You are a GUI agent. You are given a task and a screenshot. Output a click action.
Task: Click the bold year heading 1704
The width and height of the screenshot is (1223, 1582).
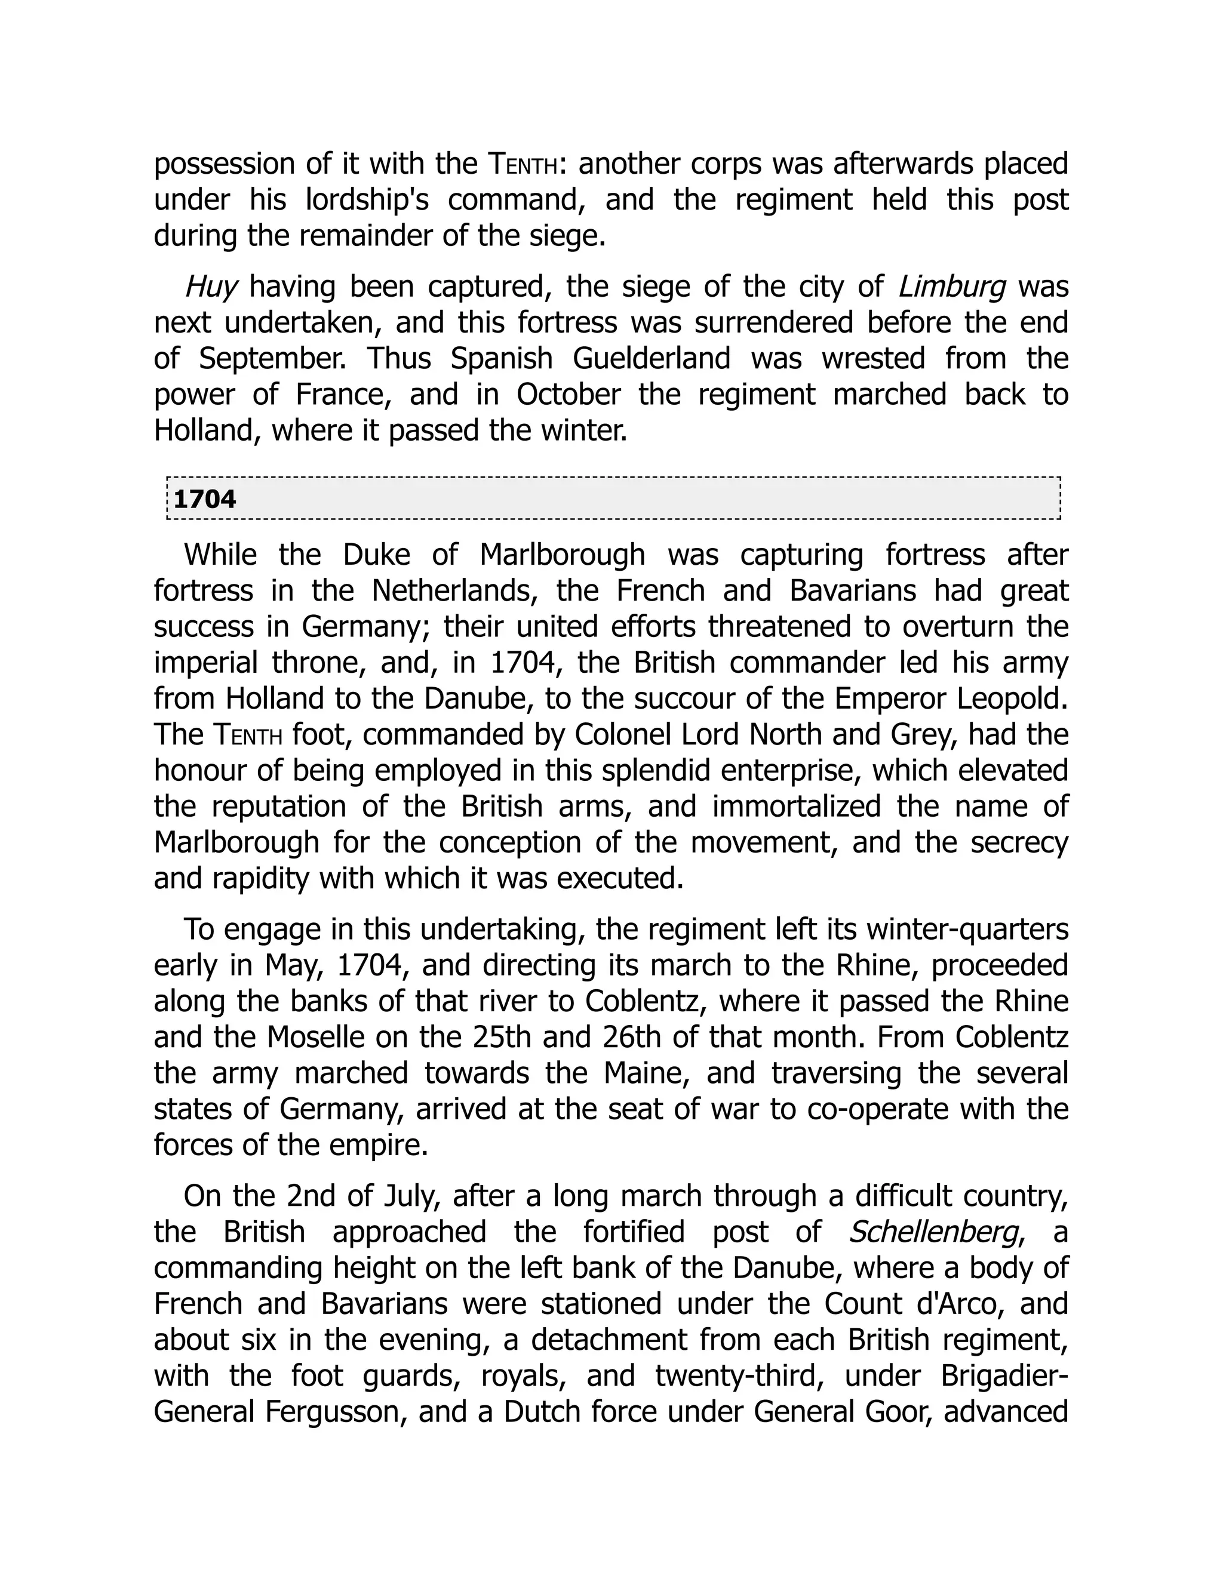coord(205,500)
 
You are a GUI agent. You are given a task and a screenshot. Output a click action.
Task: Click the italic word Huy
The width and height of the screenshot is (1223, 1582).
coord(211,287)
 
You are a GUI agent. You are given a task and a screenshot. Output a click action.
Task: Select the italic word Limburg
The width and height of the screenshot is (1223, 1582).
coord(952,287)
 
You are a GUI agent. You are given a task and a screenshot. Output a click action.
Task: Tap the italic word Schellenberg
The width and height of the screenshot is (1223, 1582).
coord(933,1232)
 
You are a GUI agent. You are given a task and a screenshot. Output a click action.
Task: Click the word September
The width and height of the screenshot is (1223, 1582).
coord(274,359)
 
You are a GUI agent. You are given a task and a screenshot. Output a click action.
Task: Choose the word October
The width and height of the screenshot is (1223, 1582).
coord(568,395)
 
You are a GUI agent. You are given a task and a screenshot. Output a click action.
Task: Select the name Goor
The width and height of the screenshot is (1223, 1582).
coord(884,1412)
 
